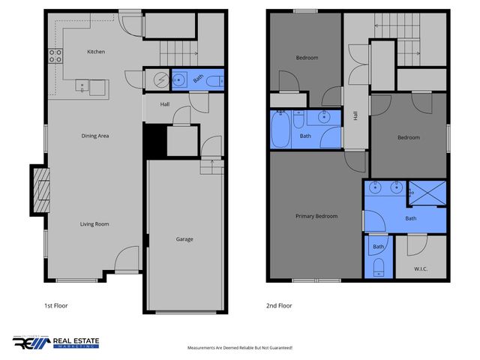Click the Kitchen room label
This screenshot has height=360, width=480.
click(96, 52)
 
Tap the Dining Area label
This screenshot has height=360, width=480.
click(96, 136)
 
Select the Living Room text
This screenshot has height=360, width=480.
click(96, 224)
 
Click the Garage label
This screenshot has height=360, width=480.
click(184, 239)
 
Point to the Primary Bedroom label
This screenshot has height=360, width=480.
click(316, 216)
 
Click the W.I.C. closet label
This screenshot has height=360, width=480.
click(420, 268)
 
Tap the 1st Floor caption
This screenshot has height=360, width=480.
click(56, 305)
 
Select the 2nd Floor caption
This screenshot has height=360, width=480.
click(279, 305)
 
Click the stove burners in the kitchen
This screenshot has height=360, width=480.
click(55, 55)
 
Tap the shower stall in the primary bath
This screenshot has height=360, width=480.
click(427, 192)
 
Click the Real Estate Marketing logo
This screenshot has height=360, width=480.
click(56, 342)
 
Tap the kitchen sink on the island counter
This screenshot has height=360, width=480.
click(97, 88)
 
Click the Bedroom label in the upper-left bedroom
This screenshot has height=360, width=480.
click(307, 58)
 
